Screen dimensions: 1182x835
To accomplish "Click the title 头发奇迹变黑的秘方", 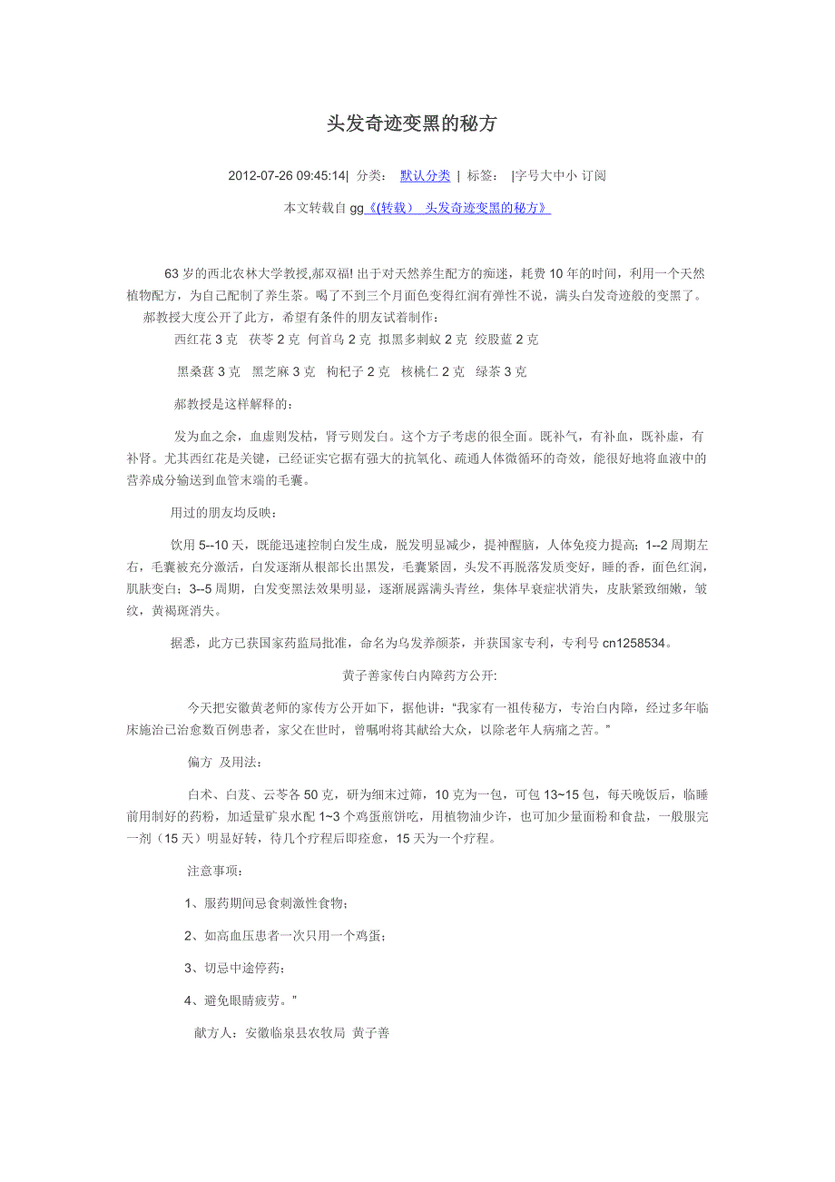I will [x=412, y=124].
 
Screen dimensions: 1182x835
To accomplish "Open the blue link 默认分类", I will [x=425, y=176].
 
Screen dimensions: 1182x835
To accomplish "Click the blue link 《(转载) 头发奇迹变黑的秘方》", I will [x=457, y=209].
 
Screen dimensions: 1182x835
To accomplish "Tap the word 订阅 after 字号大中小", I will [x=594, y=176].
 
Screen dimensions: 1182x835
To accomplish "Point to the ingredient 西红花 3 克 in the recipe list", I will [x=206, y=340].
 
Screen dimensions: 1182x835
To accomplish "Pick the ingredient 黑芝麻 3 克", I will [x=284, y=371].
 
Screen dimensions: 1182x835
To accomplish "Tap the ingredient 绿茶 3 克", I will [x=502, y=371].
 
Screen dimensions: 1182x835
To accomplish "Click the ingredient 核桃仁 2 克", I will [x=433, y=371].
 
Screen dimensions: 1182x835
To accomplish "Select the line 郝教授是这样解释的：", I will [x=233, y=403].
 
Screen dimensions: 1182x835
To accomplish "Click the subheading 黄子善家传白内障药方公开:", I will [x=419, y=675].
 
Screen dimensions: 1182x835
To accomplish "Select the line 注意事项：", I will [x=215, y=871].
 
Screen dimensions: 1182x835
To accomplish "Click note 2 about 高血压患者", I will [x=290, y=936].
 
